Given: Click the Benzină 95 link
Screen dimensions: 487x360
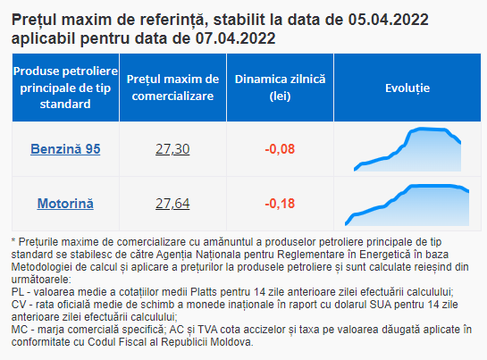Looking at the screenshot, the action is click(65, 149).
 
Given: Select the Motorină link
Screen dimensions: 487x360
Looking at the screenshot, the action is click(65, 204).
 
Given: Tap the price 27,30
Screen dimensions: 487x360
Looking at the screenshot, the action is click(172, 149).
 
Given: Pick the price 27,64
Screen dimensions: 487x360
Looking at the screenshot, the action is click(172, 204).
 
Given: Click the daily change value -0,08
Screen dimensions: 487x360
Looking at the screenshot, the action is click(280, 149).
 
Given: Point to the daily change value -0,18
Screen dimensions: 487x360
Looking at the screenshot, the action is click(280, 204).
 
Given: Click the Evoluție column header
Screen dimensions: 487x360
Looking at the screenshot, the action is click(407, 88).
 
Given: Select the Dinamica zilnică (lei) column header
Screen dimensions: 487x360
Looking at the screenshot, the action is click(281, 88).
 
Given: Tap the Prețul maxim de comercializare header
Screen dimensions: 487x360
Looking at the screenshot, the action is click(172, 88).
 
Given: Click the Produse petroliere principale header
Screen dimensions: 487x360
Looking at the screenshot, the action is click(65, 88).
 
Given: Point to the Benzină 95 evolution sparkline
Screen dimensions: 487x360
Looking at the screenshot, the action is click(407, 149).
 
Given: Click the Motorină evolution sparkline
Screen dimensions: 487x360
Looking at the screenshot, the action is click(407, 205).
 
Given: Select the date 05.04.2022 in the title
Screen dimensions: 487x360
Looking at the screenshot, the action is click(388, 20).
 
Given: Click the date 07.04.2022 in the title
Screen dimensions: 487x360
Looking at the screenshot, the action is click(235, 38).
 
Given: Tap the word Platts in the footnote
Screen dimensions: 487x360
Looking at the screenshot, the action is click(204, 292).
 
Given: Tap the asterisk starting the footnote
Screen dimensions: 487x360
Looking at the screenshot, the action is click(13, 240).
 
